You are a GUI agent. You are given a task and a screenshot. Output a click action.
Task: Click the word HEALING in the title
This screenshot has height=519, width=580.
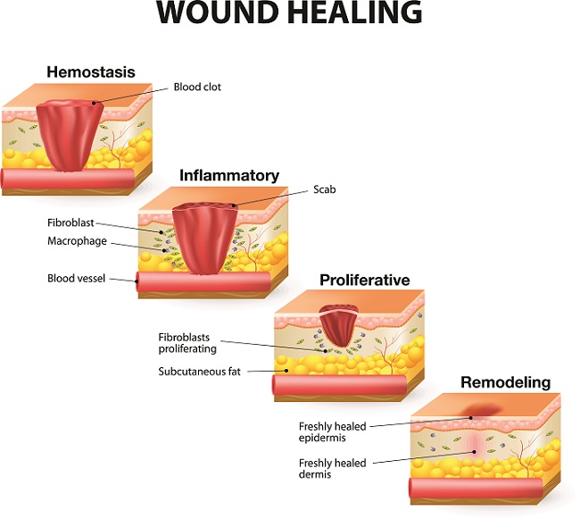[354, 14]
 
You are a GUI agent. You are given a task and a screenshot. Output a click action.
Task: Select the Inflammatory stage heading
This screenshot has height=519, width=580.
[229, 175]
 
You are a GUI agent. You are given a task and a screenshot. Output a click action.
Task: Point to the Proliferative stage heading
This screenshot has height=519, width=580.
[365, 280]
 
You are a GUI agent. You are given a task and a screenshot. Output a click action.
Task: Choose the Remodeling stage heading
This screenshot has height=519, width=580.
[505, 382]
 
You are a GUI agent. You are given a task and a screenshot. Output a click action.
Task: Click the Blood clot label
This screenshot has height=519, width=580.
[197, 88]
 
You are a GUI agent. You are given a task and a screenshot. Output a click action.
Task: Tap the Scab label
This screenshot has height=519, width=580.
[323, 189]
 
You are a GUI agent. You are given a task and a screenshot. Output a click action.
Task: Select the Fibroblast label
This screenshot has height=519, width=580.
[71, 222]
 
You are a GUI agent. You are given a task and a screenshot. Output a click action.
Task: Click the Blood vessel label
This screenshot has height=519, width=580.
[76, 279]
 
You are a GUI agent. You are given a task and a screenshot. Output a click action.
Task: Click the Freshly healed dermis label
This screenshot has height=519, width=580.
[330, 468]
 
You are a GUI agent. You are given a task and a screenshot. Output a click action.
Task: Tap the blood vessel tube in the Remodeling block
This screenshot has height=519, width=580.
[482, 486]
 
